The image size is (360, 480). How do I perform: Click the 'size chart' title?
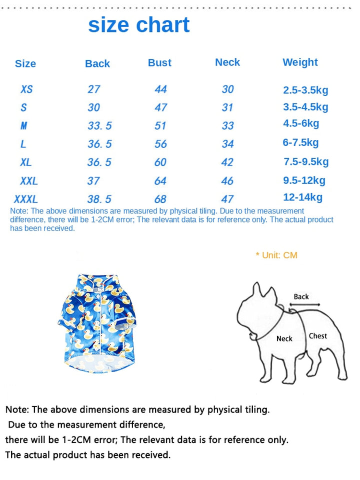point(139,25)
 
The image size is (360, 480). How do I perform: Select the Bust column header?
point(159,62)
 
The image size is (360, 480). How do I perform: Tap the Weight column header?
point(300,62)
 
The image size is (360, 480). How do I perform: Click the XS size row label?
point(26,89)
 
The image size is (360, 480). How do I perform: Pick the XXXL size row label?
point(26,199)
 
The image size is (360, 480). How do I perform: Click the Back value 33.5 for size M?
point(99,126)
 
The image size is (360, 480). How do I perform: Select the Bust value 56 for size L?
point(160,144)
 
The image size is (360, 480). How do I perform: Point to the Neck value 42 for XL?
point(227,162)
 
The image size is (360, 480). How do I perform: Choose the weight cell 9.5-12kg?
point(304,180)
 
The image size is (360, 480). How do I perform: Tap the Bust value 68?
point(160,199)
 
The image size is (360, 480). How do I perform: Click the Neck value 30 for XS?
point(227,89)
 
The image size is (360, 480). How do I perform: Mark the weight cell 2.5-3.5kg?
point(305,90)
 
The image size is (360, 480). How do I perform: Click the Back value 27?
point(94,89)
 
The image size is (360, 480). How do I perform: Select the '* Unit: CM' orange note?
point(276,255)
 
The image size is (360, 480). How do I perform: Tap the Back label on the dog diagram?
point(301,296)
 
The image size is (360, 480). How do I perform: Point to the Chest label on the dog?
point(317,336)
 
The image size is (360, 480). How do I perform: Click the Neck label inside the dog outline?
point(284,338)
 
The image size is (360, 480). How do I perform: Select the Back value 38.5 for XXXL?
point(99,199)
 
